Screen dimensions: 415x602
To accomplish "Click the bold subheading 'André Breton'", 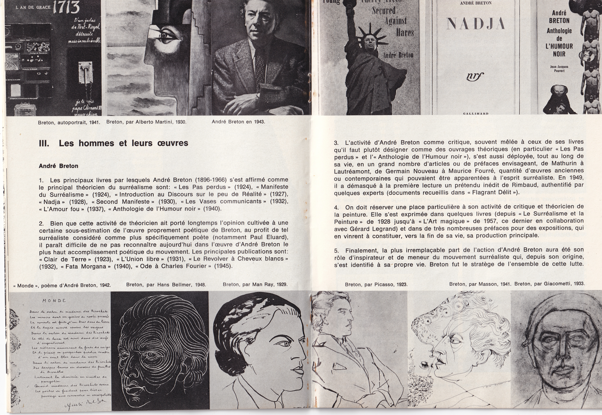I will (59, 166).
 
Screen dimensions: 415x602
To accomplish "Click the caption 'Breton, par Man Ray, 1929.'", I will (255, 285).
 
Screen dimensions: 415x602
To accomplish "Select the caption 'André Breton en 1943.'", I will (238, 122).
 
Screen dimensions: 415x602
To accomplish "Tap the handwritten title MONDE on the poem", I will (54, 301).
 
